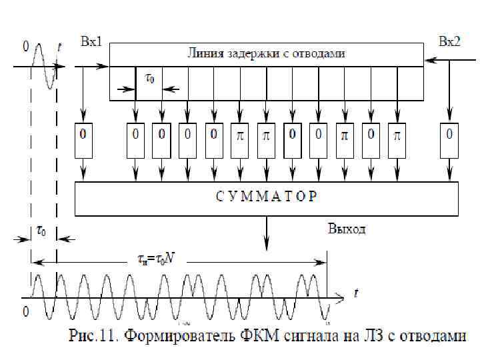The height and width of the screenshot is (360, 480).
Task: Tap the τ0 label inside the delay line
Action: [150, 78]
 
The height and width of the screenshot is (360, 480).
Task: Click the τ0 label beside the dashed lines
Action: [41, 231]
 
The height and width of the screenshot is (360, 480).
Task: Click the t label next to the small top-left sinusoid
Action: [60, 47]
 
